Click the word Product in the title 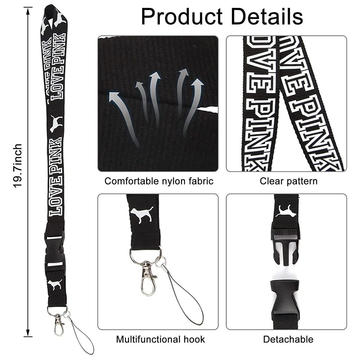(181, 17)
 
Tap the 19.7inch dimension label (17, 166)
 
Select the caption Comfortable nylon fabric (159, 181)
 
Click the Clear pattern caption (289, 181)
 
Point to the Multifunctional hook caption (161, 339)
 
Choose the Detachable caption (288, 339)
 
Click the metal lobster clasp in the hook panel (147, 278)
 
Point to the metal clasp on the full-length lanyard (58, 324)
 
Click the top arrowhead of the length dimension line (28, 11)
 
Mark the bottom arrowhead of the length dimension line (28, 333)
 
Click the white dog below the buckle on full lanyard (55, 284)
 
